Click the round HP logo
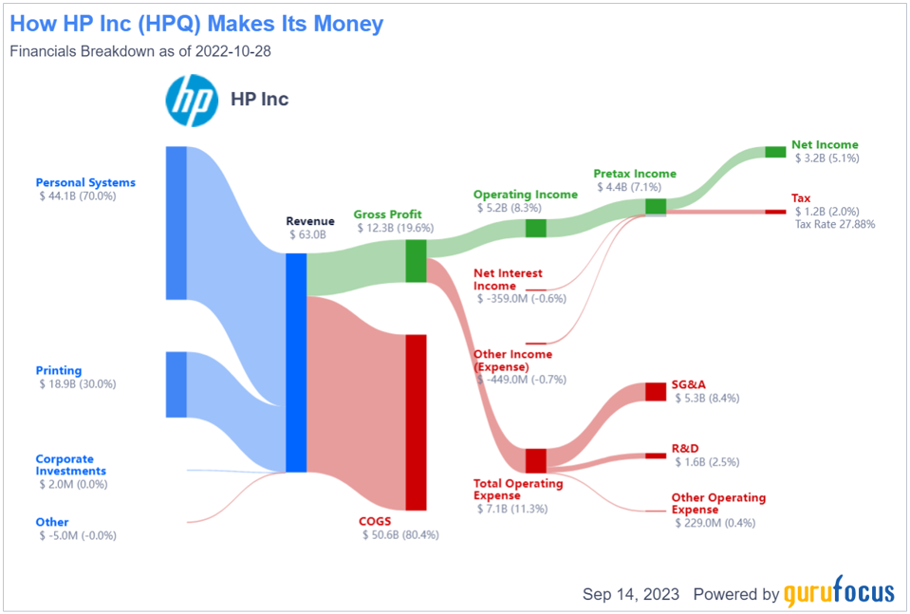(192, 99)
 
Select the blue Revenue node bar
(296, 363)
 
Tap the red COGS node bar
(416, 422)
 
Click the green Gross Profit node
(416, 261)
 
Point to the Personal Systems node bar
(176, 223)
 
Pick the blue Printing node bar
(176, 384)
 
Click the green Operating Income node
(536, 228)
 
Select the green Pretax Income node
(656, 206)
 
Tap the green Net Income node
(775, 151)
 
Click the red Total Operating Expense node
(536, 460)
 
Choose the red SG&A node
(656, 392)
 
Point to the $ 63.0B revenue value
(306, 234)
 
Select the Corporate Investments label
(71, 465)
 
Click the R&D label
(686, 449)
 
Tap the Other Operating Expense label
(718, 503)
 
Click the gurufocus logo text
(839, 594)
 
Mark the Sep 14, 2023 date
(631, 594)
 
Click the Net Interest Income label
(508, 279)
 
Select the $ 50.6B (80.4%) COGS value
(400, 535)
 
